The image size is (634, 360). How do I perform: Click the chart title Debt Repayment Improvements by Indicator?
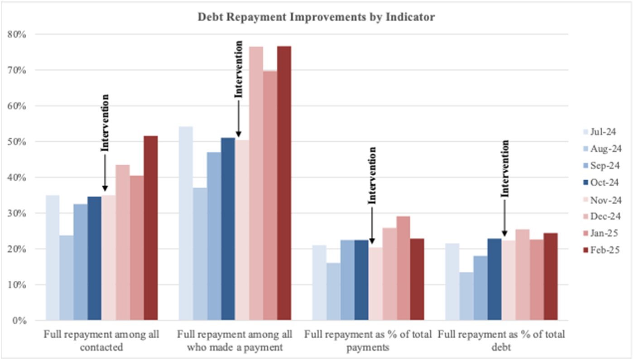click(x=317, y=18)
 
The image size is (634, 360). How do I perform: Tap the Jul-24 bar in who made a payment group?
click(x=186, y=224)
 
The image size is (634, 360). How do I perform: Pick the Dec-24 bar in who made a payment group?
click(x=256, y=184)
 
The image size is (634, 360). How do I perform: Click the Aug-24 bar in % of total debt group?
click(x=466, y=297)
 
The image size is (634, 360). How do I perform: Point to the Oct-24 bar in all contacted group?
click(x=95, y=259)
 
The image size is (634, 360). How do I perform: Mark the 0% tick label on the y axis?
click(x=21, y=321)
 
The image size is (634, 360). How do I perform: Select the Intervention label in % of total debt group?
click(x=505, y=169)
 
